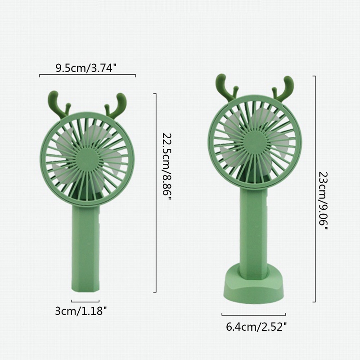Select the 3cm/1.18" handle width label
click(81, 310)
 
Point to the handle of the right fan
click(254, 225)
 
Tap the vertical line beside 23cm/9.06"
click(315, 189)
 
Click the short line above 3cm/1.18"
click(85, 300)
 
